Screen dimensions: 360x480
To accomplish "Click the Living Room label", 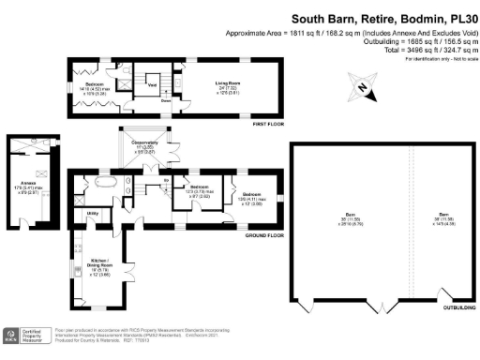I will (217, 82).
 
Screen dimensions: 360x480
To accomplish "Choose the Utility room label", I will (93, 215).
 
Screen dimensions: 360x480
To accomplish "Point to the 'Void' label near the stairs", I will (152, 83).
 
